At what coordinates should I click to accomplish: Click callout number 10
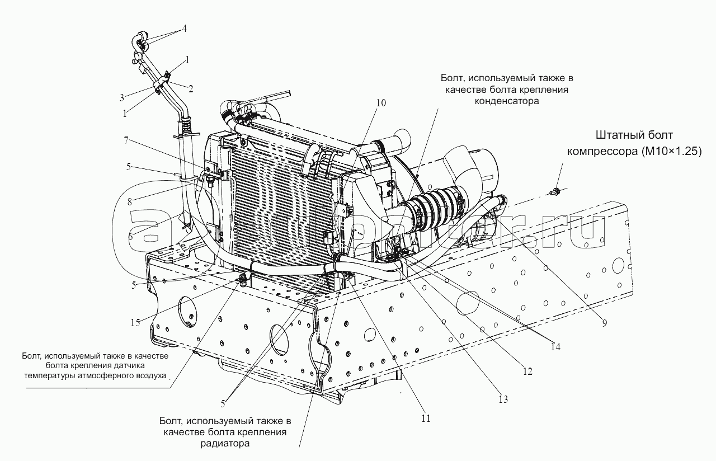[381, 103]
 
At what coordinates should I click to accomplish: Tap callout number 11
[426, 417]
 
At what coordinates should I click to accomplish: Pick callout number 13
[503, 399]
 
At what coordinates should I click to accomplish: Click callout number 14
[554, 346]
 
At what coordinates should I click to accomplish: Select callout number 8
[130, 202]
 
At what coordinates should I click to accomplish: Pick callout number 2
[191, 88]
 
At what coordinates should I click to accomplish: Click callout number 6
[130, 236]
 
